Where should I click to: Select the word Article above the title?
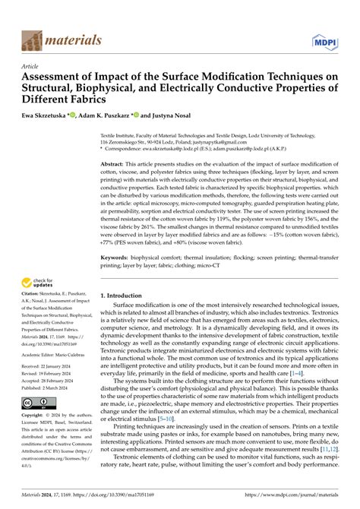33,66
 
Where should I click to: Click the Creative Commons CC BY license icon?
39,402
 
